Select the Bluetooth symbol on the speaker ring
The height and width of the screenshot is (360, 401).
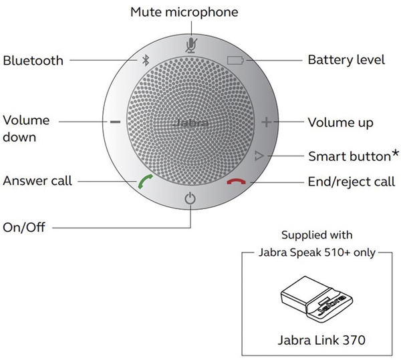tap(145, 60)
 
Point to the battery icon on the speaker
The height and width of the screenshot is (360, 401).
tap(236, 60)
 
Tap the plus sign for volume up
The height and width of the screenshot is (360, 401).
tap(267, 122)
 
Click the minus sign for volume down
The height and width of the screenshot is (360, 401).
tap(115, 122)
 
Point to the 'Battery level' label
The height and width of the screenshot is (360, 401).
tap(346, 60)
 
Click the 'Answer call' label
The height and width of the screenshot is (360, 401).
tap(37, 181)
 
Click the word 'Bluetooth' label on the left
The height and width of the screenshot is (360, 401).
tap(33, 60)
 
